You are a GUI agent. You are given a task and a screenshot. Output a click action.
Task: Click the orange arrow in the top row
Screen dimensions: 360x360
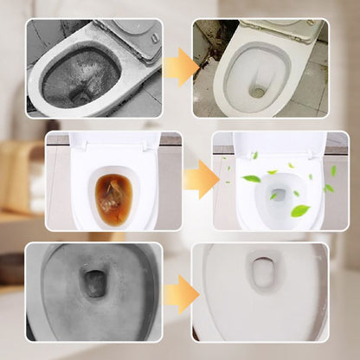tap(179, 66)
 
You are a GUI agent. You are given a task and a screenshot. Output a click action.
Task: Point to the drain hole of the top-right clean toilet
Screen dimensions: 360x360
tap(257, 91)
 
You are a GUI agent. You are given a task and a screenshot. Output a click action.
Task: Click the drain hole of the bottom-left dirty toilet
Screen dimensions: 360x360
tap(93, 283)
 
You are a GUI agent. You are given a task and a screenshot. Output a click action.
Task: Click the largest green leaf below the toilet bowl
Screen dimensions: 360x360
tap(300, 210)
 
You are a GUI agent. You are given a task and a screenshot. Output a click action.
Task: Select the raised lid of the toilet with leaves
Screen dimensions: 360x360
tap(278, 142)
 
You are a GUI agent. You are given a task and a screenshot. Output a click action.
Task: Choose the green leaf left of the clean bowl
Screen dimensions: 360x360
tap(251, 178)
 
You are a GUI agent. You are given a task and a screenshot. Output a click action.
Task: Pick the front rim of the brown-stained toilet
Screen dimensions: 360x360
tap(112, 222)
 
